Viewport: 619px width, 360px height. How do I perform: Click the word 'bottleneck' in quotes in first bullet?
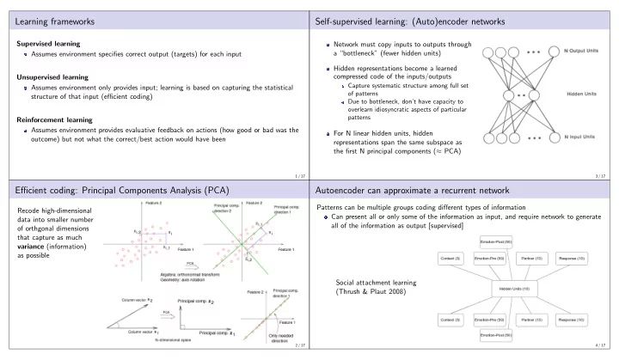click(371, 54)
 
